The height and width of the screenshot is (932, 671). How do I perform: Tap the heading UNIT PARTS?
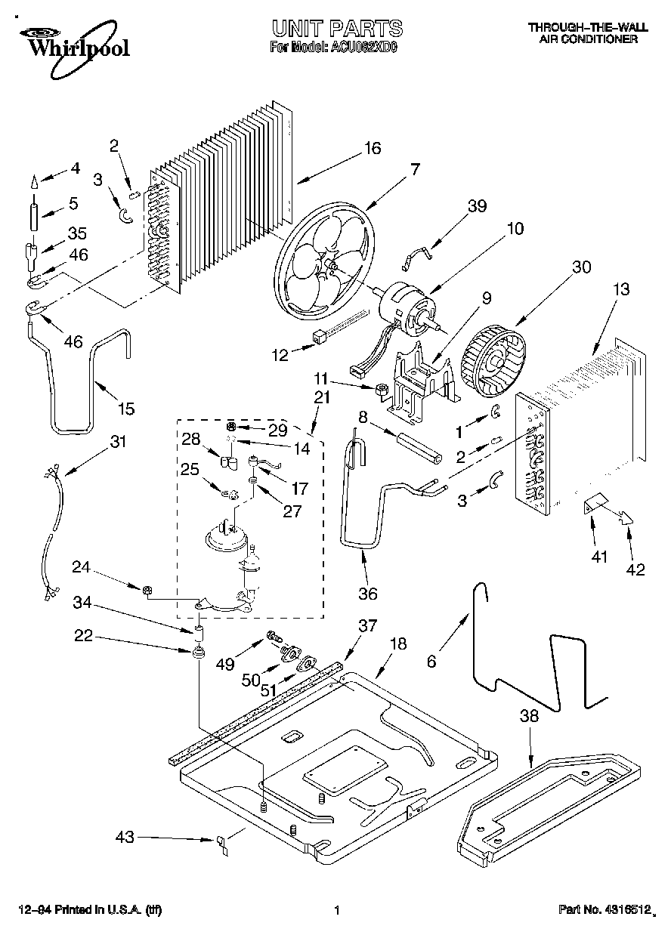coord(336,29)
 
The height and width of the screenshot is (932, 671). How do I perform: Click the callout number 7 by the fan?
coord(414,170)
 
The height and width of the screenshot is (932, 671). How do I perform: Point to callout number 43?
coord(125,837)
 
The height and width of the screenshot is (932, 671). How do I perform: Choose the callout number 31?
coord(117,442)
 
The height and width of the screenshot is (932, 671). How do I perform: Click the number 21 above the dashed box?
coord(321,397)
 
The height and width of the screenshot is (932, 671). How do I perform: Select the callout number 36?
coord(367,594)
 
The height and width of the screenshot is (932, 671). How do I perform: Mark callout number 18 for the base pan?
coord(397,643)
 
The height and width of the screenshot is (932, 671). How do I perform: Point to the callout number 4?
coord(74,168)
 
